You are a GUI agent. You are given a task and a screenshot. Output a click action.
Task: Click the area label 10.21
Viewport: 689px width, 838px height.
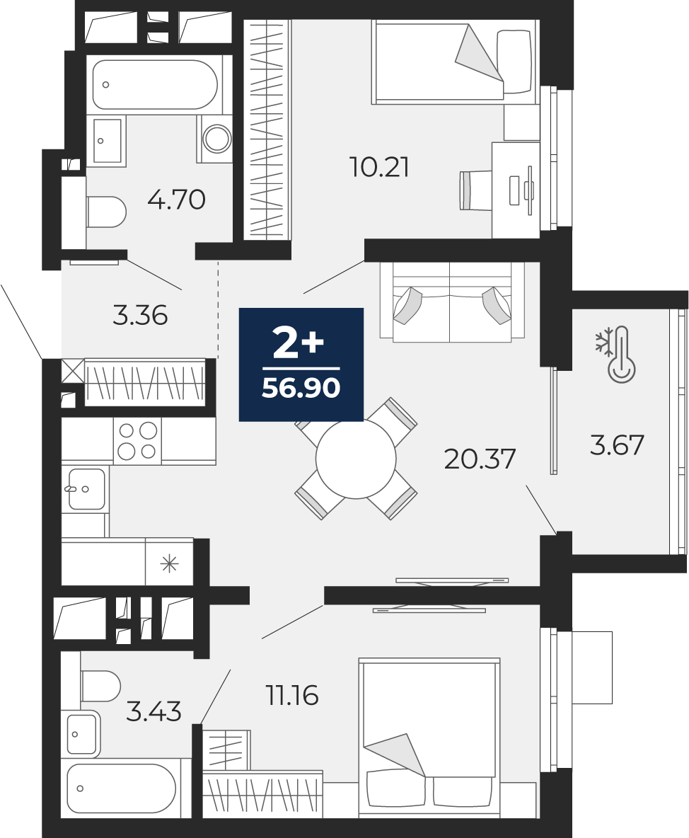pyautogui.click(x=379, y=167)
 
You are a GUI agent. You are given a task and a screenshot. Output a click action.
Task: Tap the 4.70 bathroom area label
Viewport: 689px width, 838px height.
pyautogui.click(x=176, y=200)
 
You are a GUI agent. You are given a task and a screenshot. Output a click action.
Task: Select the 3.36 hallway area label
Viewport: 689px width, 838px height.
pyautogui.click(x=140, y=316)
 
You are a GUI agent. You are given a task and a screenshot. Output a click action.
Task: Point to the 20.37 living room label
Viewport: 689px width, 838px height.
pyautogui.click(x=480, y=459)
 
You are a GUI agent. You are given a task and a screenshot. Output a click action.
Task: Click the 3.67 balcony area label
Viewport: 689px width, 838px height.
pyautogui.click(x=617, y=445)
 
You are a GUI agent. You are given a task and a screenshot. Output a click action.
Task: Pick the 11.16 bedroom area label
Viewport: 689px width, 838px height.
pyautogui.click(x=292, y=696)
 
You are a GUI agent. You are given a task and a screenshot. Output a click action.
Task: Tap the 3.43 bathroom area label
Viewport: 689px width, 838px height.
pyautogui.click(x=154, y=712)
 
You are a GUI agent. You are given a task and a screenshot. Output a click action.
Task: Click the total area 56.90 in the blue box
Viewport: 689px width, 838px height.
pyautogui.click(x=301, y=387)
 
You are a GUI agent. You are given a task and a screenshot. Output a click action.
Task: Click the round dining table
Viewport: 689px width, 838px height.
pyautogui.click(x=356, y=459)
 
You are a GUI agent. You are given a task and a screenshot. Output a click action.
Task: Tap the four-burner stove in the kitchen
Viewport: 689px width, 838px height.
pyautogui.click(x=137, y=441)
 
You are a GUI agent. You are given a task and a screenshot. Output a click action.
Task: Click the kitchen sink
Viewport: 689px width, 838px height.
pyautogui.click(x=86, y=489)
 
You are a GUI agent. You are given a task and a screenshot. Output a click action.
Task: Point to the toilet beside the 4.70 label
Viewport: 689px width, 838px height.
pyautogui.click(x=105, y=212)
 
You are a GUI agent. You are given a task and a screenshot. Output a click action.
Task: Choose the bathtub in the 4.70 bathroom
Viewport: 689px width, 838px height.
pyautogui.click(x=155, y=85)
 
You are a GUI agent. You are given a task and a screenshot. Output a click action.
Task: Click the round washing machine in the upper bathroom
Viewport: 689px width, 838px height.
pyautogui.click(x=216, y=138)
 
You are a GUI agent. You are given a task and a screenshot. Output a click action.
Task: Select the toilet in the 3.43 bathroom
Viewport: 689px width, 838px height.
pyautogui.click(x=101, y=687)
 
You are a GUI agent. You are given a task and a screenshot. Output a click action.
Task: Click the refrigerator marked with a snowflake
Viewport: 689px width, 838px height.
pyautogui.click(x=169, y=562)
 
